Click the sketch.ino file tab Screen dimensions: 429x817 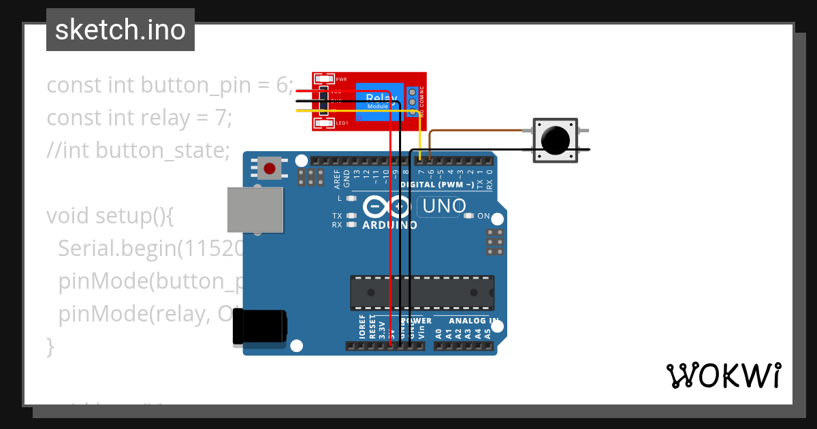pyautogui.click(x=121, y=30)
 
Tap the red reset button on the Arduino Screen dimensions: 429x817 pyautogui.click(x=270, y=168)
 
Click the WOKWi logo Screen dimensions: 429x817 pyautogui.click(x=723, y=375)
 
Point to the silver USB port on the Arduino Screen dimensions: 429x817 pyautogui.click(x=255, y=209)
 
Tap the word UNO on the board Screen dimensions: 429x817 pyautogui.click(x=445, y=206)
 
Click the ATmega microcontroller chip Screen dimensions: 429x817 pyautogui.click(x=421, y=293)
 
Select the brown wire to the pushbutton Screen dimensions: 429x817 pyautogui.click(x=477, y=130)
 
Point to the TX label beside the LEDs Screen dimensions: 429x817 pyautogui.click(x=337, y=216)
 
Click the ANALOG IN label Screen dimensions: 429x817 pyautogui.click(x=473, y=320)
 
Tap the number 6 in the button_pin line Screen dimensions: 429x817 pyautogui.click(x=282, y=86)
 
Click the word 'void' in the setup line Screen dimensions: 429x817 pyautogui.click(x=68, y=216)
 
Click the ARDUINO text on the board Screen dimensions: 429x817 pyautogui.click(x=389, y=225)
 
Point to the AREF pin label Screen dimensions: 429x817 pyautogui.click(x=337, y=179)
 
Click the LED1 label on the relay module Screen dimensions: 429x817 pyautogui.click(x=342, y=123)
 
